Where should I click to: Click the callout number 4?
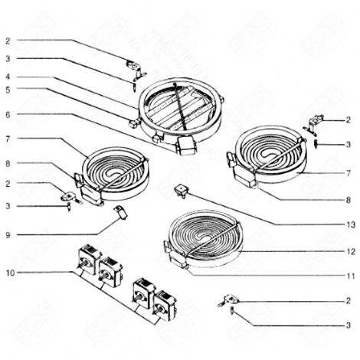click(8, 77)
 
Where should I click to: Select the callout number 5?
click(8, 89)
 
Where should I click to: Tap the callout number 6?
click(8, 114)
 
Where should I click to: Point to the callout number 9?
click(8, 234)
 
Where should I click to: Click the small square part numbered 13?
click(181, 188)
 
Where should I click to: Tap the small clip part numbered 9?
click(119, 211)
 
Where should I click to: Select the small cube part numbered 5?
click(134, 123)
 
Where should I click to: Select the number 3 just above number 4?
click(8, 58)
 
